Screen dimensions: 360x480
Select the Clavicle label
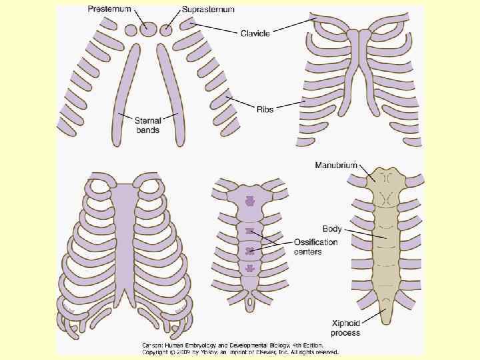tap(255, 33)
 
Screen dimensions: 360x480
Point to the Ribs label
tap(265, 109)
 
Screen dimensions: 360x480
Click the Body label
tap(332, 229)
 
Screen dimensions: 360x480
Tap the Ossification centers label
tap(315, 247)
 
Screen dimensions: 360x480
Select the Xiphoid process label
tap(346, 328)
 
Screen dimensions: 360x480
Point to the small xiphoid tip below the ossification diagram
tap(250, 303)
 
